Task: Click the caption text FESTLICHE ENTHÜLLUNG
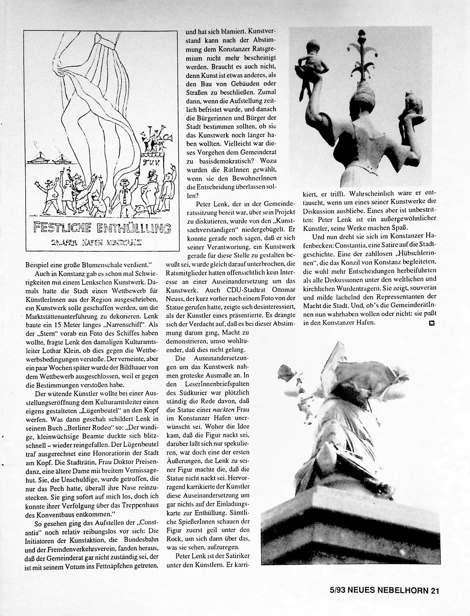(102, 228)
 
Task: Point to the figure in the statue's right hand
(413, 108)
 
